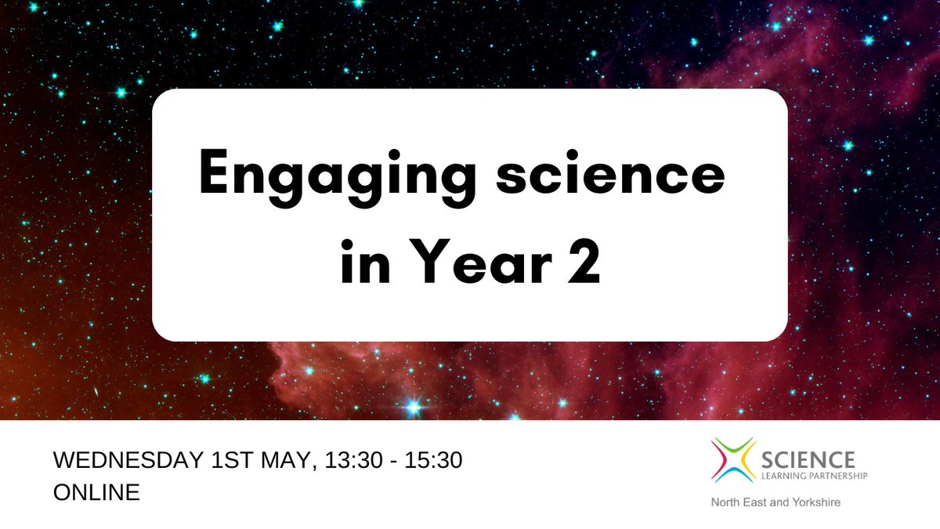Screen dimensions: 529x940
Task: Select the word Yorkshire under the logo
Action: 815,502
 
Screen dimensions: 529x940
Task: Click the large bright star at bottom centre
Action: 414,406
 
